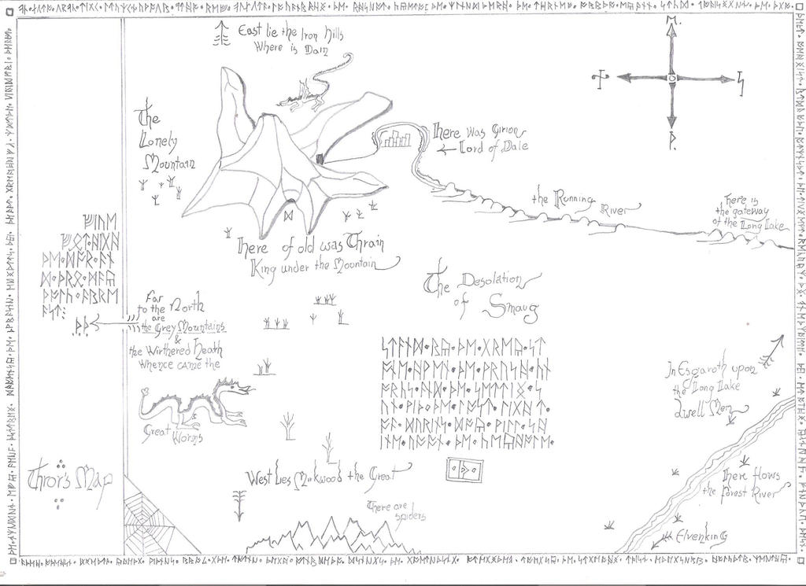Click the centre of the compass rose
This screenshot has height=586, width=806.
(x=671, y=78)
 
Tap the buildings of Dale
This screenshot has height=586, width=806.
(x=394, y=141)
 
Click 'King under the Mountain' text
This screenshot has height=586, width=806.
(x=320, y=267)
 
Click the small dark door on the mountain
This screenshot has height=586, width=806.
(x=320, y=160)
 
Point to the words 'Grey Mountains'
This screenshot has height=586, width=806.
(x=189, y=326)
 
